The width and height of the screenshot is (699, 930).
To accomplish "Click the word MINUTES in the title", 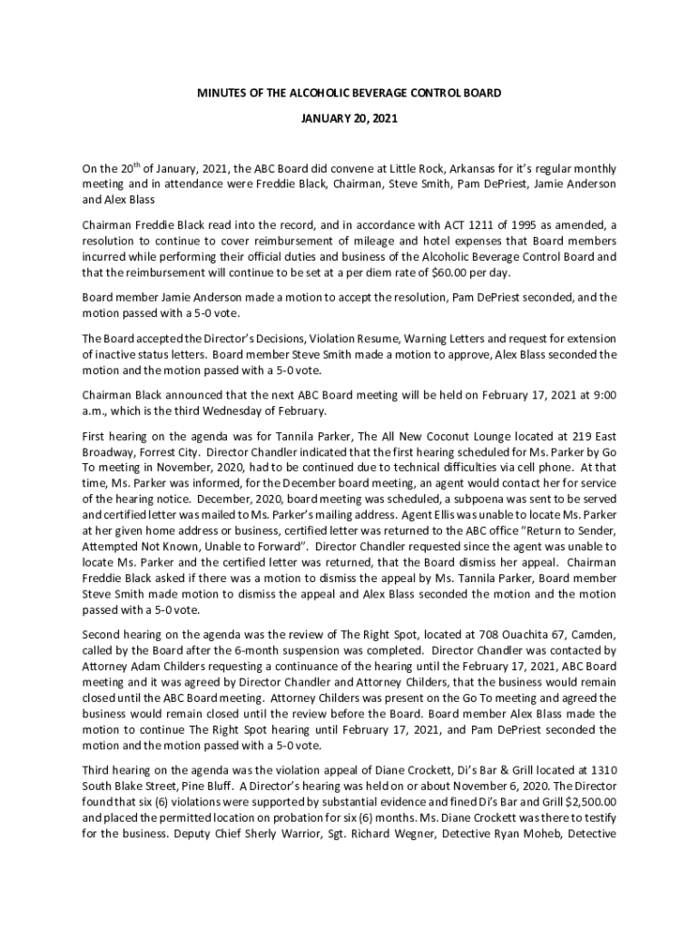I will [x=222, y=94].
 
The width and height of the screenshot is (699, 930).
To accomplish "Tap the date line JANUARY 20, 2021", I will [x=349, y=119].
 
